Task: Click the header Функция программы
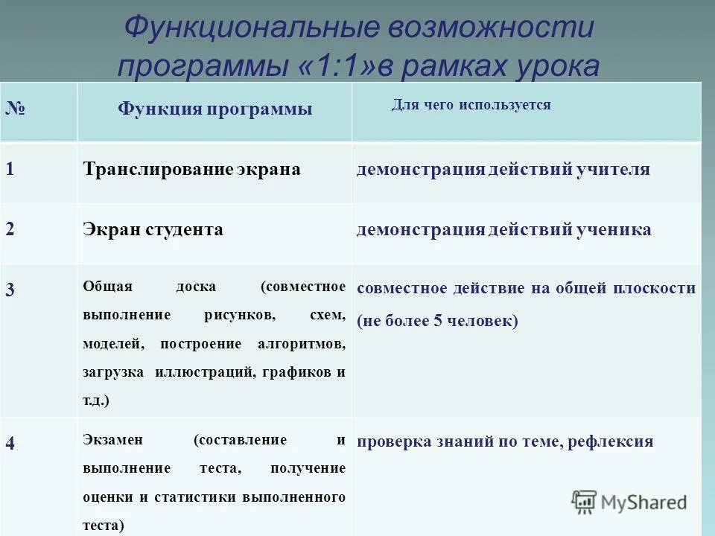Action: (214, 109)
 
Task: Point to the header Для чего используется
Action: (471, 105)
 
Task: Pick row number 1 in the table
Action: (10, 169)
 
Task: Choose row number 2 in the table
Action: (10, 229)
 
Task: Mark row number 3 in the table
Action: (10, 290)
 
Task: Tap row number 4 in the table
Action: (10, 442)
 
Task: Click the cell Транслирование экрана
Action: (191, 169)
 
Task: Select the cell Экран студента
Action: (153, 229)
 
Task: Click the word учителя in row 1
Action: (613, 169)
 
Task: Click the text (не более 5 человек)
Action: (436, 321)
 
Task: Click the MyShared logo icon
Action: (585, 501)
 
